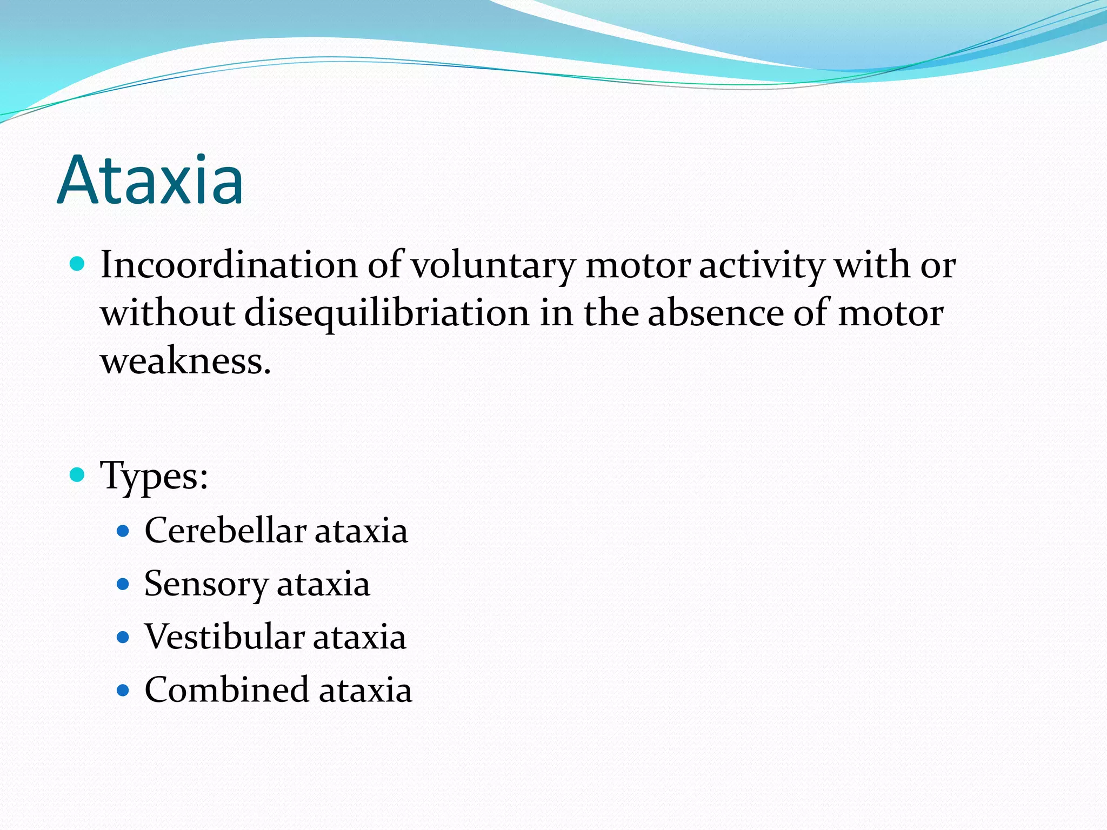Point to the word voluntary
[493, 266]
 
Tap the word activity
[762, 266]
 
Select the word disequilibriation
[386, 313]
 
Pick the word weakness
[185, 361]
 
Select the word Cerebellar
[224, 530]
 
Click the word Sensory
[206, 584]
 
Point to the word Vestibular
[224, 637]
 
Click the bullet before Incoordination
[78, 264]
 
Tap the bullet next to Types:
[78, 475]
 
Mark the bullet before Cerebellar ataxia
[123, 531]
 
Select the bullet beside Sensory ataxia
[123, 584]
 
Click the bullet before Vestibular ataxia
[123, 638]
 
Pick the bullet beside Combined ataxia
[123, 691]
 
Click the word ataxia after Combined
[365, 691]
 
